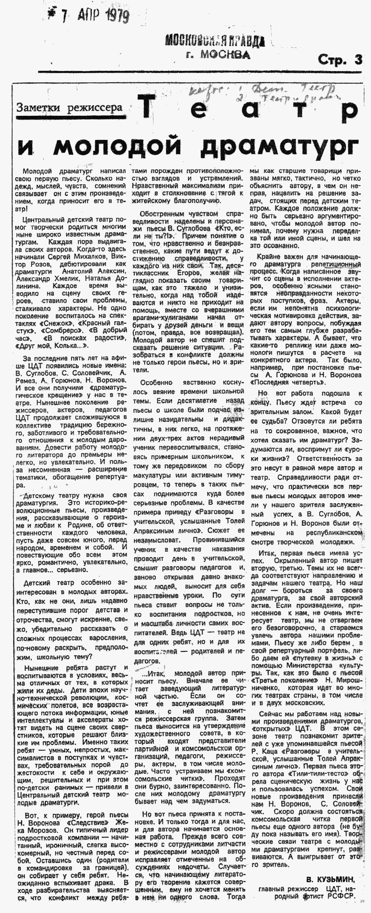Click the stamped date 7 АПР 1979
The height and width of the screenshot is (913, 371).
[x=89, y=16]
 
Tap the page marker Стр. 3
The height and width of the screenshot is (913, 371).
[x=340, y=60]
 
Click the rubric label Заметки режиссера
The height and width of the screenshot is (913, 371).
[x=69, y=107]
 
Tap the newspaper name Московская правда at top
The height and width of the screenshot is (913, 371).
[x=215, y=41]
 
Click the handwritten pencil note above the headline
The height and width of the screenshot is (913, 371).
[x=262, y=91]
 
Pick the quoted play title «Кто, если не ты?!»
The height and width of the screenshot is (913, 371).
[x=213, y=232]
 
